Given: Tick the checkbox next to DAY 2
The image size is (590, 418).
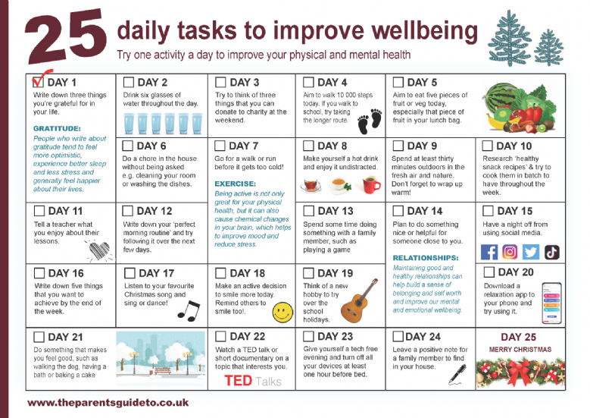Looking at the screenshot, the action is point(129,82).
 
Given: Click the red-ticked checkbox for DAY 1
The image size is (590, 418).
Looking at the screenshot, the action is point(38,82).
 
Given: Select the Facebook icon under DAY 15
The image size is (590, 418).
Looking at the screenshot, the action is point(489,252).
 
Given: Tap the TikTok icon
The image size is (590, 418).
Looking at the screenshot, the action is point(552,252).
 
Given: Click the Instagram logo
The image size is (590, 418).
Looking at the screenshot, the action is point(510,252).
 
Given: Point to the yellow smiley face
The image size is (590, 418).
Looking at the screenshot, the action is point(283,313).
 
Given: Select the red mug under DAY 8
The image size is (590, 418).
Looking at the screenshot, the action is point(371,185).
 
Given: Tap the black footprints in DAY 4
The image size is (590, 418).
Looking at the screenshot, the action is point(370,121).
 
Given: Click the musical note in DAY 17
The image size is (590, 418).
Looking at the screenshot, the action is point(189,311).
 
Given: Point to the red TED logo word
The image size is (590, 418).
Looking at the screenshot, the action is point(238,381).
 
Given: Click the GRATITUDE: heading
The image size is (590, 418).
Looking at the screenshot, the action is point(57,128).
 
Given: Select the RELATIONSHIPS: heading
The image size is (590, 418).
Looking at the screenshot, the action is point(426,258).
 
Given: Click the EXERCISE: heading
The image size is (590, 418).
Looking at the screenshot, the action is point(236,184).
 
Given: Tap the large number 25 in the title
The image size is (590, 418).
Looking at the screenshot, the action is point(65,36).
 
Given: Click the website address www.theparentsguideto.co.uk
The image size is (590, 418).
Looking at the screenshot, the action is point(108,403).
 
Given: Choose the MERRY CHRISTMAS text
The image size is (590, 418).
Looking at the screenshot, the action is point(520,350).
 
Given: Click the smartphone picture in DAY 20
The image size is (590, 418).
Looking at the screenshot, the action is point(551,303).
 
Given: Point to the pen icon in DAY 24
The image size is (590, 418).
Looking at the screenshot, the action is point(457,375).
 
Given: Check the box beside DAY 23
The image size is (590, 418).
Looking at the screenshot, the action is point(308,336).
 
